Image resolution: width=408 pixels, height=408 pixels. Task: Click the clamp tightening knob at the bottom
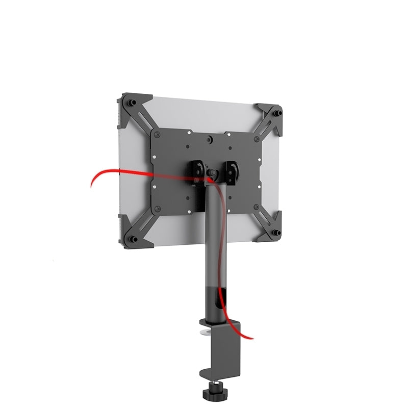tap(209, 394)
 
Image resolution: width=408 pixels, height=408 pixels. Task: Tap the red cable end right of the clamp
tap(249, 337)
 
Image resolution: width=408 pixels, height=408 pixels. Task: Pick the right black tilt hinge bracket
tap(232, 170)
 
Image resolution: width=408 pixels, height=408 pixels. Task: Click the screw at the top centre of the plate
tap(210, 138)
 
